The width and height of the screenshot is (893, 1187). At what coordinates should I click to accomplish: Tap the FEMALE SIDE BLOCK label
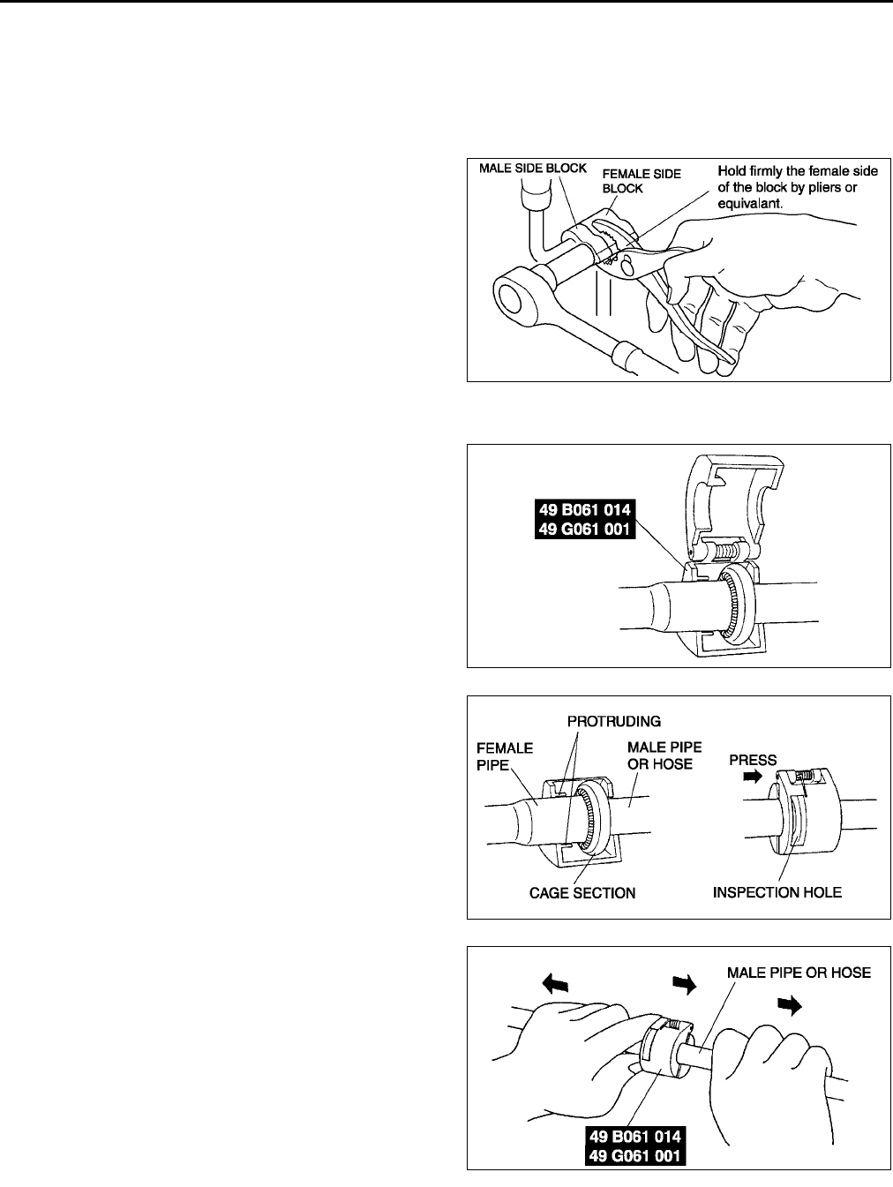pos(641,181)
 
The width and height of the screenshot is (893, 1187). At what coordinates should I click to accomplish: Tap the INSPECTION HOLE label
pos(777,892)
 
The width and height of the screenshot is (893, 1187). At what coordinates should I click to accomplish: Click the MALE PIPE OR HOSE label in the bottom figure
pos(799,973)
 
